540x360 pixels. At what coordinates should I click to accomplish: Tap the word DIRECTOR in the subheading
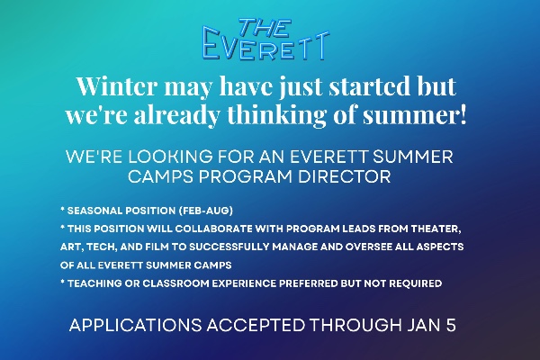348,176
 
